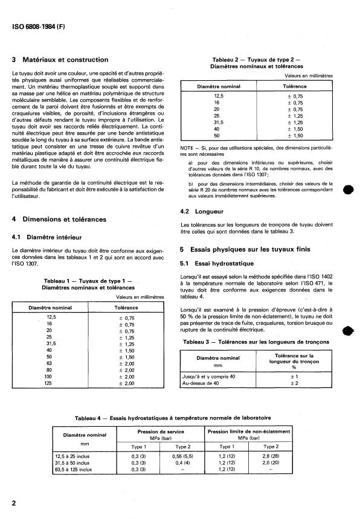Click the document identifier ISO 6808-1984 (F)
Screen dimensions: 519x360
(x=38, y=27)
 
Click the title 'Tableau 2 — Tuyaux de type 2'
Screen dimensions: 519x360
(x=257, y=59)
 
